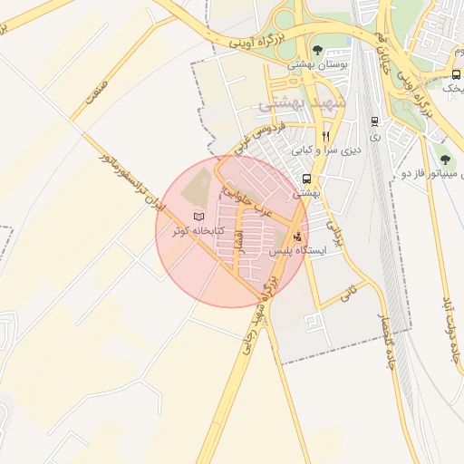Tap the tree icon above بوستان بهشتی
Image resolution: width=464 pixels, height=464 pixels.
317,50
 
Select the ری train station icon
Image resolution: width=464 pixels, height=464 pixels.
374,121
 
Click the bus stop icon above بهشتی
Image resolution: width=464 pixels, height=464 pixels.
307,179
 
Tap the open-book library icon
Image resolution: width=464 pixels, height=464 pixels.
198,217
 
